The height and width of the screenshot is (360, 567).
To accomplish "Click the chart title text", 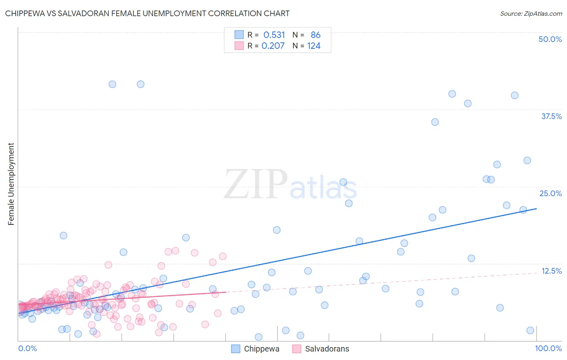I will (147, 13).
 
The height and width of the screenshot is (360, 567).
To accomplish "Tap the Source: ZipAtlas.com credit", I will (531, 13).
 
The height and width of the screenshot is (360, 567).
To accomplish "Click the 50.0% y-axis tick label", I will (550, 39).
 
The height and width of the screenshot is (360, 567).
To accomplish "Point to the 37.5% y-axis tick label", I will (551, 116).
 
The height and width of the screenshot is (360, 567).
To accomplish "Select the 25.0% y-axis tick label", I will (550, 193).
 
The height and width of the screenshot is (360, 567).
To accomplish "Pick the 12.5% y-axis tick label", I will (551, 271).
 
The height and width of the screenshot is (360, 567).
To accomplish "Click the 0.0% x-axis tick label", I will (27, 348).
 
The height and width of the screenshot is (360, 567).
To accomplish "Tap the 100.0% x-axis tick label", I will (548, 348).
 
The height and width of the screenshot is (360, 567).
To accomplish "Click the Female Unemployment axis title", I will (11, 184).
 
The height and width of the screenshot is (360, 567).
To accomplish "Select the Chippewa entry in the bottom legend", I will (261, 349).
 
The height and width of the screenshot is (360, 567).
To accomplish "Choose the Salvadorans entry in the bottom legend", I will (327, 349).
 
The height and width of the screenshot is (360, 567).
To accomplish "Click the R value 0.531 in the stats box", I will (274, 35).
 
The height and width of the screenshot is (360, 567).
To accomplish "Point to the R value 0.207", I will (273, 46).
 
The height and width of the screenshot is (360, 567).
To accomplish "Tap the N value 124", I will (314, 46).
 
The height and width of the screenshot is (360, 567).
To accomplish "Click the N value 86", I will (315, 35).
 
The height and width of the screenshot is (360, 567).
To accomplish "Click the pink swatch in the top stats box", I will (239, 46).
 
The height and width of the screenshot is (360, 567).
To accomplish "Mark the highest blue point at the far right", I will (515, 95).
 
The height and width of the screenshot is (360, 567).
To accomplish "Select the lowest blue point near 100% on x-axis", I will (530, 331).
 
